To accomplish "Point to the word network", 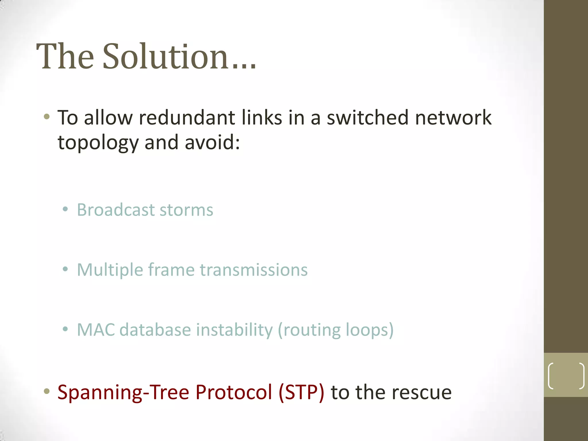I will point(453,118).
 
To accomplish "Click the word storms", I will point(186,210).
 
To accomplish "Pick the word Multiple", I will point(110,270).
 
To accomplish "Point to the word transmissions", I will point(254,270).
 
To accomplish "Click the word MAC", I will point(96,330).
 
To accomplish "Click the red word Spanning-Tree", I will point(123,392).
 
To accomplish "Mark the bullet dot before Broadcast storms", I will point(65,210).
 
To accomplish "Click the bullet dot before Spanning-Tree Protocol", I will point(47,391).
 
